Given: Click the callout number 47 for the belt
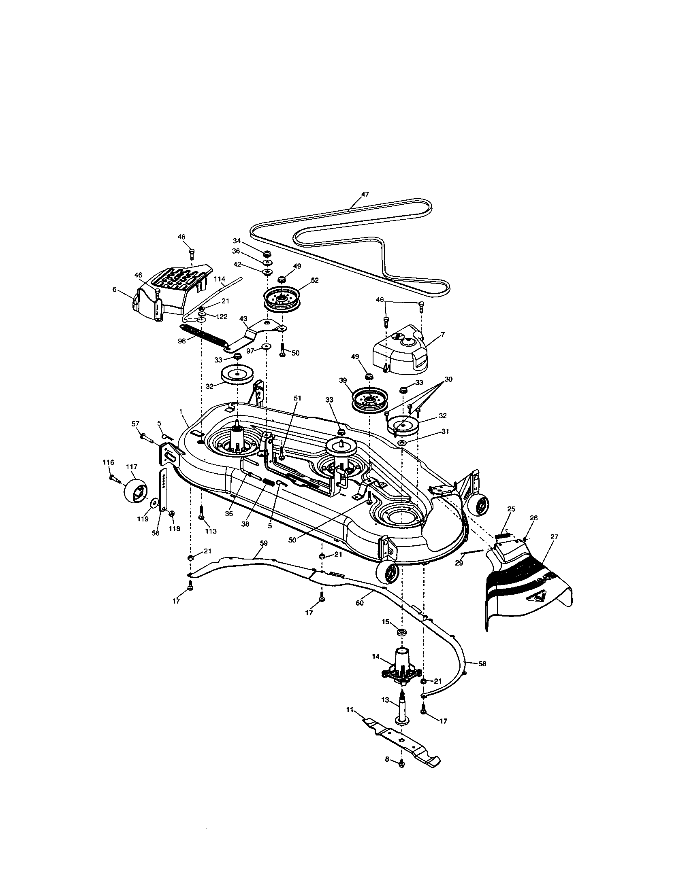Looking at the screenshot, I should tap(365, 194).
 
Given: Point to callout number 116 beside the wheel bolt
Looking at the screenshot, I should tap(108, 462).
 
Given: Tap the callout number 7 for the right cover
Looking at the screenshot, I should tap(443, 334).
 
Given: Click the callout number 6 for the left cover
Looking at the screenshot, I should tap(115, 289).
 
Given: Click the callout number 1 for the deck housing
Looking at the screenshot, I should tap(180, 412).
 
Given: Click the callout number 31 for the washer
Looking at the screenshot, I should tap(445, 431).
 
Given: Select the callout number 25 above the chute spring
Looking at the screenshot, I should tap(511, 509).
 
